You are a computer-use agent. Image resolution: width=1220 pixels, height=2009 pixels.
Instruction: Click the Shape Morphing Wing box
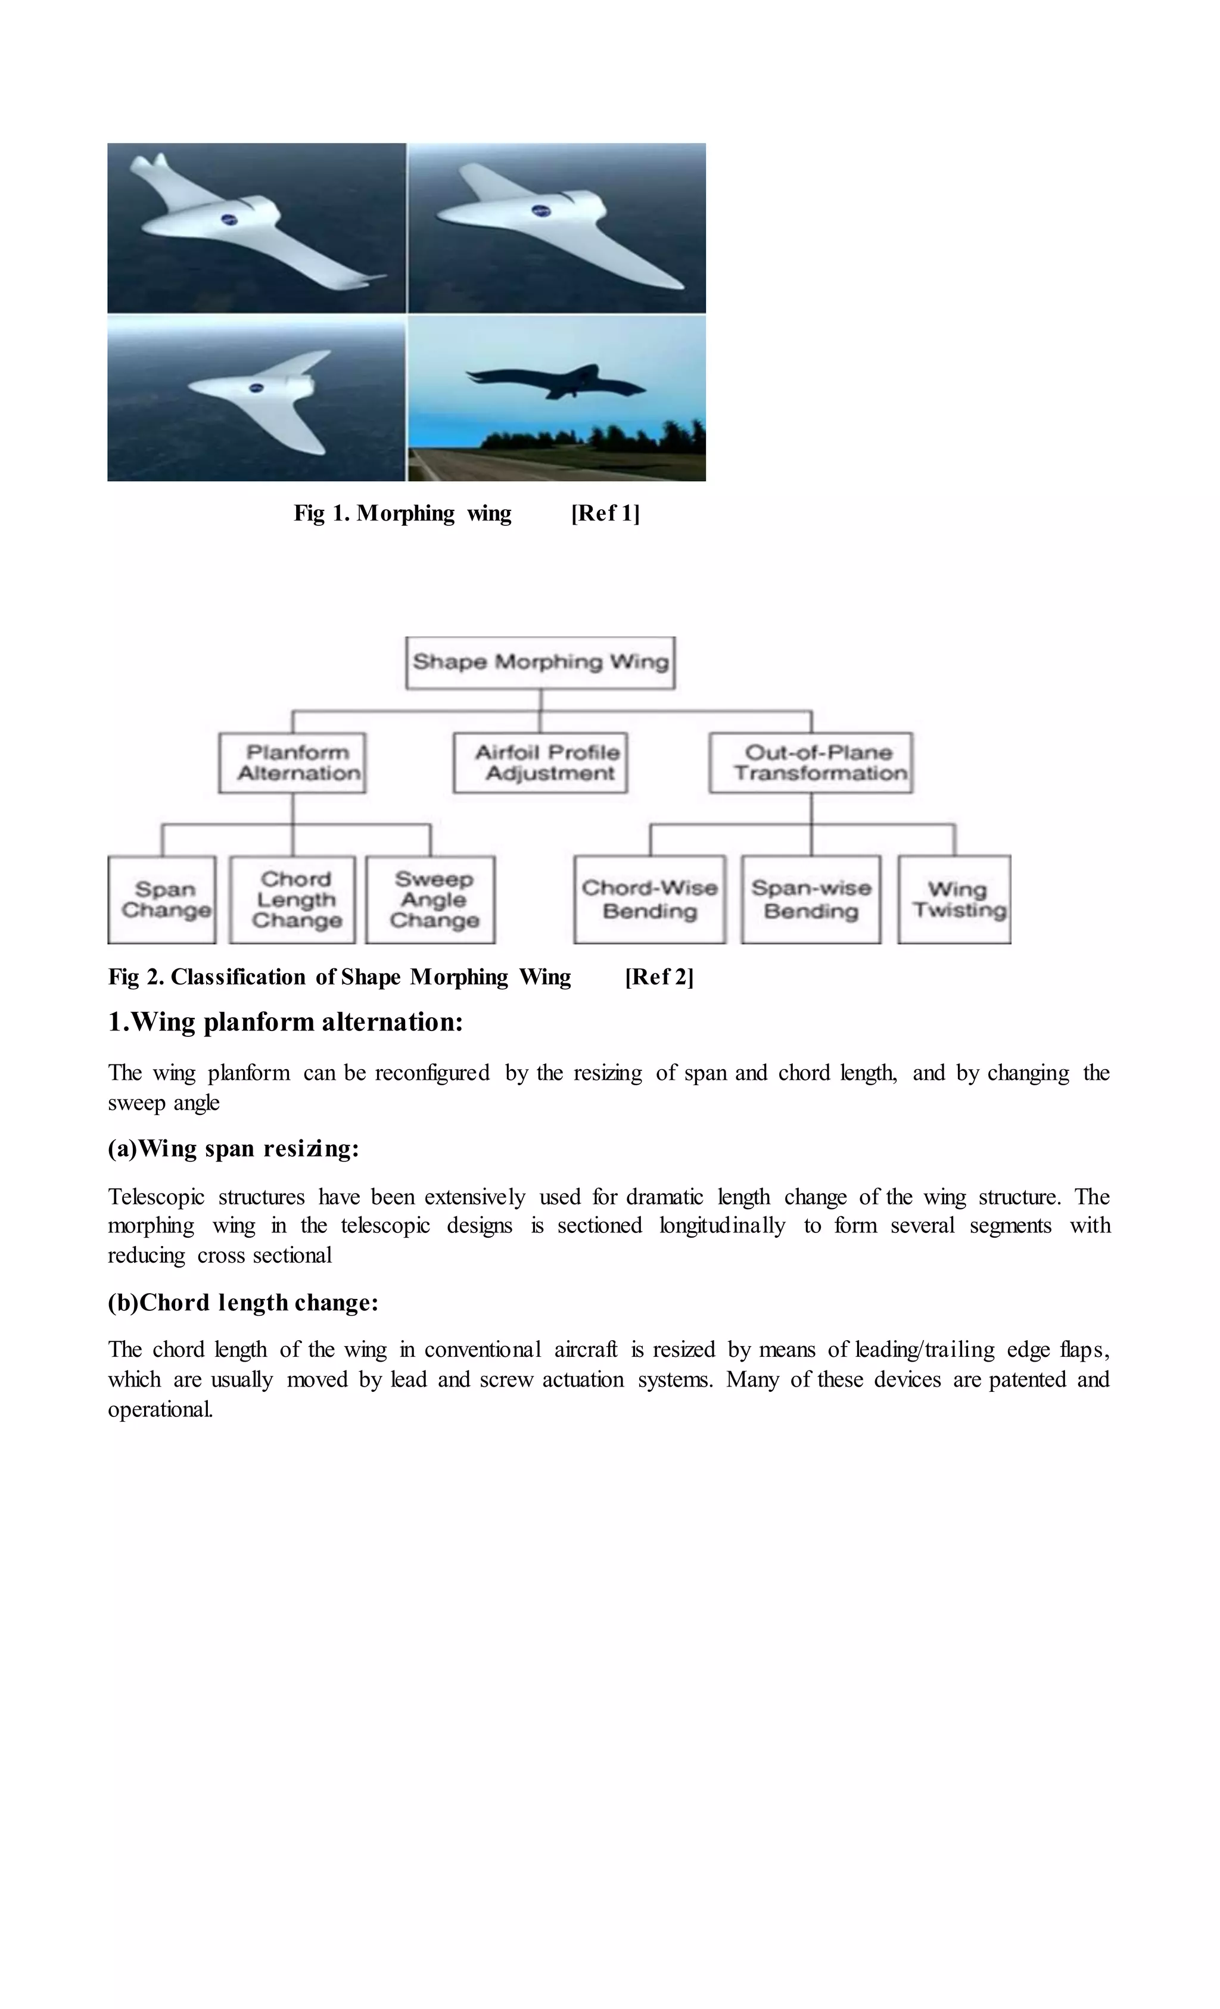pyautogui.click(x=540, y=662)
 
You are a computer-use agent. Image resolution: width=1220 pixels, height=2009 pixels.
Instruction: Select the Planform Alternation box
pyautogui.click(x=292, y=762)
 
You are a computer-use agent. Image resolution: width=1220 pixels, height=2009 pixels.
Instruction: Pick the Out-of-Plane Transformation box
pyautogui.click(x=811, y=762)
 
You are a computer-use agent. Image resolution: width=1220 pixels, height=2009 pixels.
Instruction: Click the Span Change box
pyautogui.click(x=162, y=899)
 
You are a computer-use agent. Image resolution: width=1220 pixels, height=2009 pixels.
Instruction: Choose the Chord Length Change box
pyautogui.click(x=292, y=899)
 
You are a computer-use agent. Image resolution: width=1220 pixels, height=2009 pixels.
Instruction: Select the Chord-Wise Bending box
pyautogui.click(x=649, y=899)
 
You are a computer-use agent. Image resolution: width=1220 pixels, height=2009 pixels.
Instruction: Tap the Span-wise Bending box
pyautogui.click(x=811, y=899)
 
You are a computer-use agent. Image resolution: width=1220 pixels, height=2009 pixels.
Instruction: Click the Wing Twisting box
pyautogui.click(x=954, y=899)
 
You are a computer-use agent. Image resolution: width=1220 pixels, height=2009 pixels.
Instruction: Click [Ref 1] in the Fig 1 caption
pyautogui.click(x=605, y=513)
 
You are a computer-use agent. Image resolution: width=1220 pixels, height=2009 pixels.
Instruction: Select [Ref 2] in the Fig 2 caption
pyautogui.click(x=659, y=977)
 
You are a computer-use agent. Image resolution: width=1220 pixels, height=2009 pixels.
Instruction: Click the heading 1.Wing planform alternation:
pyautogui.click(x=285, y=1021)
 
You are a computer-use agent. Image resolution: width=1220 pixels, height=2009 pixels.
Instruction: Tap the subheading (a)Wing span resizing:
pyautogui.click(x=234, y=1149)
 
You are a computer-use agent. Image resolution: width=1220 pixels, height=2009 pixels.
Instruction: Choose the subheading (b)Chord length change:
pyautogui.click(x=243, y=1302)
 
